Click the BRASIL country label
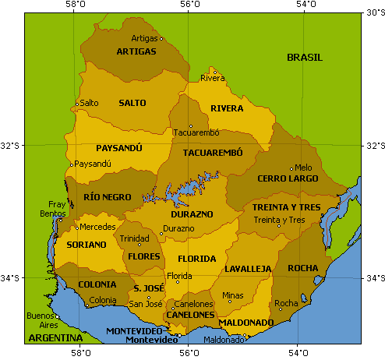pos(304,58)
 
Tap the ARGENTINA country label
pos(55,338)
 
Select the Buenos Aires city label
pos(41,320)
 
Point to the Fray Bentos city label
pos(57,208)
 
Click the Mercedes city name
pos(97,228)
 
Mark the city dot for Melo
pos(291,168)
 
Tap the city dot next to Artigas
pos(161,38)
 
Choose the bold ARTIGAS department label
pos(136,52)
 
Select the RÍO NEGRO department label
pos(103,198)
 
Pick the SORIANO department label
pos(86,245)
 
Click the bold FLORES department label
pos(143,255)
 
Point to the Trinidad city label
pos(134,238)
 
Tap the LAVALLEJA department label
pos(247,269)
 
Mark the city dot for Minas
pos(230,302)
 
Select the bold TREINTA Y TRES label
pos(286,207)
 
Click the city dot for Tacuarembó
pos(190,126)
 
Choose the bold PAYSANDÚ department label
pos(119,147)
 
